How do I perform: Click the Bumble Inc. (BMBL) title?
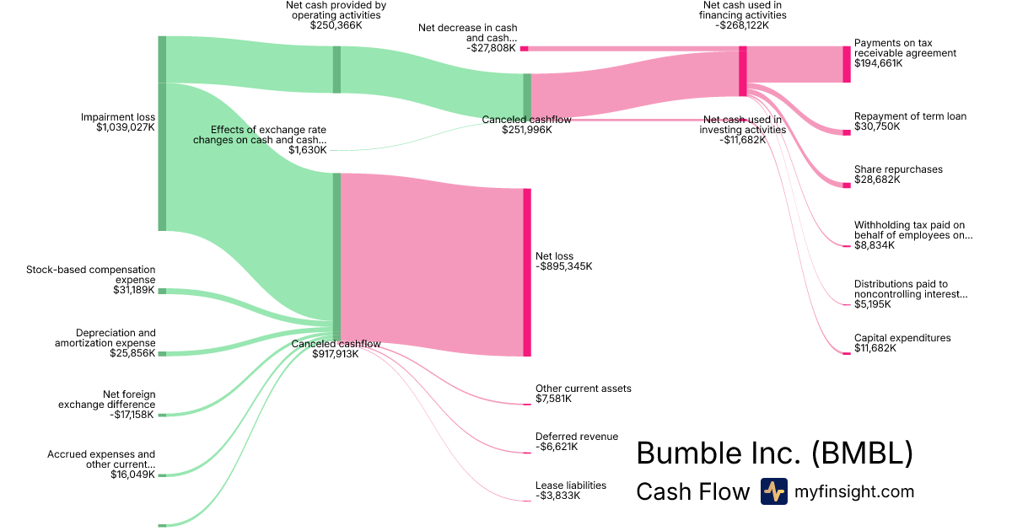tap(774, 453)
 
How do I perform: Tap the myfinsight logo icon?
tap(773, 491)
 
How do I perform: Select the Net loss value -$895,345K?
tap(564, 266)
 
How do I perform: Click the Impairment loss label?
tap(118, 117)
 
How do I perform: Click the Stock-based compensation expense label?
tap(91, 275)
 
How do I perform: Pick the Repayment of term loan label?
tap(910, 116)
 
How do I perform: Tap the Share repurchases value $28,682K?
tap(877, 180)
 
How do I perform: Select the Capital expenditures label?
tap(902, 338)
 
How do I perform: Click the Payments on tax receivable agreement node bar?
tap(847, 64)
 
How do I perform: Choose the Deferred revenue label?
tap(576, 437)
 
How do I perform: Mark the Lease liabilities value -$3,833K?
tap(558, 496)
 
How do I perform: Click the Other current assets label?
tap(583, 389)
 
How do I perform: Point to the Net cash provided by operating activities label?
tap(336, 10)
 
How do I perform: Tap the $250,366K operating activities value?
tap(336, 25)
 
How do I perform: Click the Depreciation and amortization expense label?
tap(105, 338)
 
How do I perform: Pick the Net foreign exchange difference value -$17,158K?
tap(132, 415)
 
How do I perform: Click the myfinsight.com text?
tap(854, 491)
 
